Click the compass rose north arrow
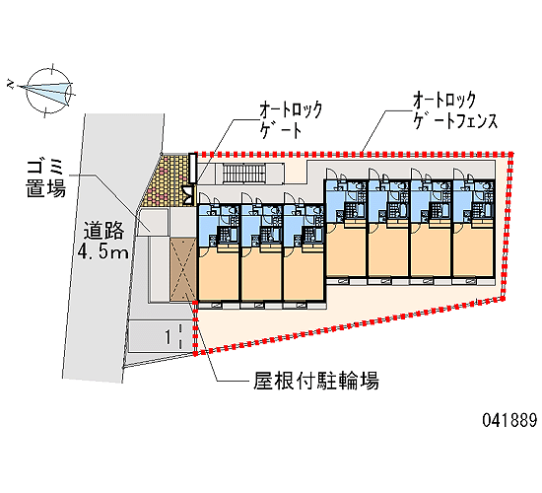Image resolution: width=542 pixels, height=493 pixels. pyautogui.click(x=45, y=90)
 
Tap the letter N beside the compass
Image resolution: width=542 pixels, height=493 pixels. pyautogui.click(x=11, y=84)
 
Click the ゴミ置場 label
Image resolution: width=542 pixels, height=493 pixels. pyautogui.click(x=46, y=178)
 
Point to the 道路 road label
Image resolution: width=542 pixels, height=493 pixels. pyautogui.click(x=103, y=231)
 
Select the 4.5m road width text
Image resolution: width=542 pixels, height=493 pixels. pyautogui.click(x=103, y=251)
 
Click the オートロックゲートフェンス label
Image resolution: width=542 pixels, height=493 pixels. pyautogui.click(x=455, y=110)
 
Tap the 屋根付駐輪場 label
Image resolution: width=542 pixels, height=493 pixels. pyautogui.click(x=316, y=381)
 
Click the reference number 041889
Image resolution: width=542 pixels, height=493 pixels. pyautogui.click(x=509, y=420)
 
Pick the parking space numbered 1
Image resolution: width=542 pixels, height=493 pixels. pyautogui.click(x=160, y=336)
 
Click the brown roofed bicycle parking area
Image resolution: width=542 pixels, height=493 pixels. pyautogui.click(x=183, y=269)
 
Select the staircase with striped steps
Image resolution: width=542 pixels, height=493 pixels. pyautogui.click(x=244, y=174)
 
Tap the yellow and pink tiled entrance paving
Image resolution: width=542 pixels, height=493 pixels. pyautogui.click(x=169, y=181)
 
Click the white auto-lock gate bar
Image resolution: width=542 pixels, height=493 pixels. pyautogui.click(x=192, y=168)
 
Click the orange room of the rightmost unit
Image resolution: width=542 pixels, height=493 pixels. pyautogui.click(x=473, y=251)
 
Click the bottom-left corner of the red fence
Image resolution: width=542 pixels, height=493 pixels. pyautogui.click(x=195, y=353)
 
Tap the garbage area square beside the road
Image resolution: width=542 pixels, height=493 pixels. pyautogui.click(x=152, y=222)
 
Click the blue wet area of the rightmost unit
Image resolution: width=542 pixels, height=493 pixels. pyautogui.click(x=473, y=202)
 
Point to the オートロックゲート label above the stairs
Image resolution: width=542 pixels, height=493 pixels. pyautogui.click(x=291, y=119)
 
